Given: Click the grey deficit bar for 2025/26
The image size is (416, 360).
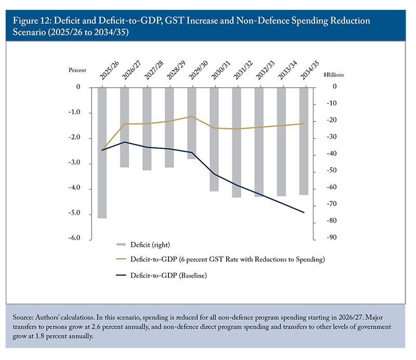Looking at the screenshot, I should (x=102, y=153).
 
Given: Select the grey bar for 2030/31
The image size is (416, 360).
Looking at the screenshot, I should (x=214, y=139).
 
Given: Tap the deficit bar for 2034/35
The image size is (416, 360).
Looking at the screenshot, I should (x=304, y=141).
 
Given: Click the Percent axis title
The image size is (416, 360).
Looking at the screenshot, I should (x=77, y=70).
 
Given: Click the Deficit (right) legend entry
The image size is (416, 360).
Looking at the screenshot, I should (x=151, y=244).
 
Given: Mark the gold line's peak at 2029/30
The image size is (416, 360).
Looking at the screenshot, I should (x=192, y=116).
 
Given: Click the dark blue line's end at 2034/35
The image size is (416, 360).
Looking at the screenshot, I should (x=304, y=212).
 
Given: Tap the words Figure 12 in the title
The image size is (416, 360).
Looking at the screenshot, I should (x=33, y=21).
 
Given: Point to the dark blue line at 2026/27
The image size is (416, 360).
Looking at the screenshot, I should (x=125, y=142).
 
